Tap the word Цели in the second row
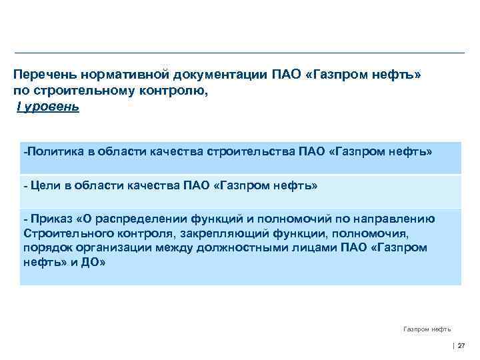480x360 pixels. coord(41,186)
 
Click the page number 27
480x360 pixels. coord(461,345)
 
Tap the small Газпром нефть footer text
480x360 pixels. coord(427,329)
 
